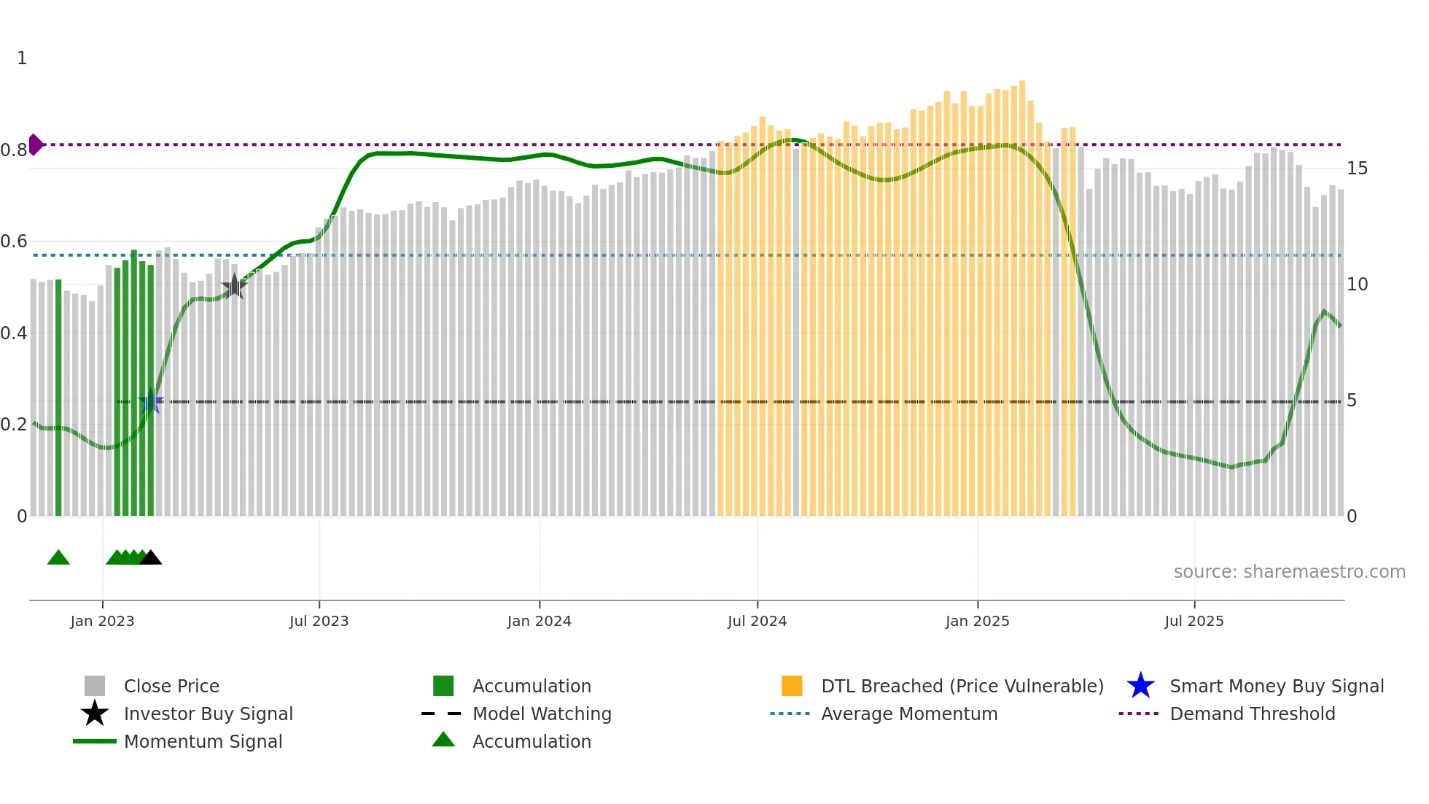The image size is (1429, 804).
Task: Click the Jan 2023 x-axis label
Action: pos(102,621)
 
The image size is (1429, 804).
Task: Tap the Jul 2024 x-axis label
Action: pos(757,621)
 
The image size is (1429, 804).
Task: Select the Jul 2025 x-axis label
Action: pos(1194,621)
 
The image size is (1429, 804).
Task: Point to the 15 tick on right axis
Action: pos(1357,169)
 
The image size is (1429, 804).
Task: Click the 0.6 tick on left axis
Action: pos(14,241)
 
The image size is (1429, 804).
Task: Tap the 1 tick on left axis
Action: pos(22,58)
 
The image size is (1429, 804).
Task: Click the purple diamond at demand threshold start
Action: pos(35,144)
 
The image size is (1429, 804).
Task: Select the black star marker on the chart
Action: pos(234,287)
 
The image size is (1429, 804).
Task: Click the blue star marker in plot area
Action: pos(151,401)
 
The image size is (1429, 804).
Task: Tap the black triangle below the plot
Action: pos(150,558)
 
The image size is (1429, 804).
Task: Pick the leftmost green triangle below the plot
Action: pos(58,558)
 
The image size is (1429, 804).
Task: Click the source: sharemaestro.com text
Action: pos(1289,572)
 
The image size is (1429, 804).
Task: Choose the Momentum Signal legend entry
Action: pos(203,741)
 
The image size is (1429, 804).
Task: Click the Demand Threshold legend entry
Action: pos(1252,714)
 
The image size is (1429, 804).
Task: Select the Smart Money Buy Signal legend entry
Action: pos(1276,686)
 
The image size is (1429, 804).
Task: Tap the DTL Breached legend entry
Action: pos(962,686)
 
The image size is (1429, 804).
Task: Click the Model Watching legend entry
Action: pos(541,714)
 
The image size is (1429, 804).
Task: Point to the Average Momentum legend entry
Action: pos(908,714)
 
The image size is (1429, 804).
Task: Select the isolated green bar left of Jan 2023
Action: pos(58,398)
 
